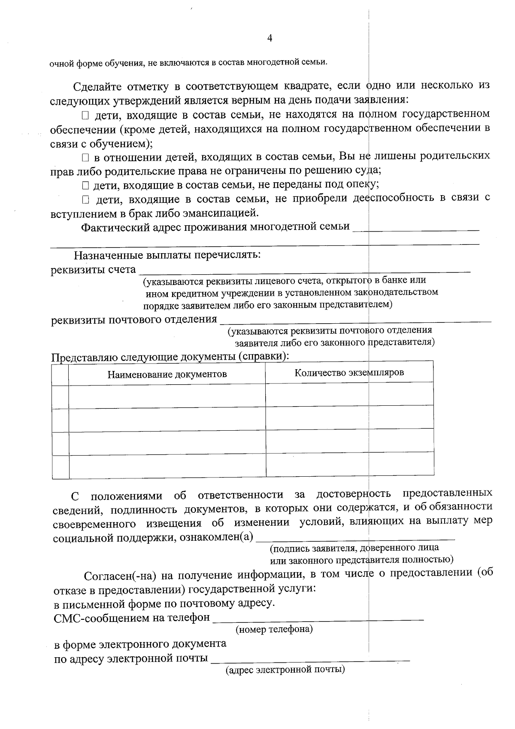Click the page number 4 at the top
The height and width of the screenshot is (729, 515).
pyautogui.click(x=270, y=39)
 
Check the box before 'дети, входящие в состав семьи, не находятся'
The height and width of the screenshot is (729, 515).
pyautogui.click(x=85, y=115)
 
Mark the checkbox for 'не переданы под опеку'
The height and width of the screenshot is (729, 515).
pyautogui.click(x=85, y=186)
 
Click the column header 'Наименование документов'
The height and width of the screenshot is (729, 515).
pyautogui.click(x=167, y=374)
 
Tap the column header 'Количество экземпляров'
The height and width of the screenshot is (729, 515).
pyautogui.click(x=349, y=373)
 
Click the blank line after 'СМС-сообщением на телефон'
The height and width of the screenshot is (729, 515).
pyautogui.click(x=318, y=619)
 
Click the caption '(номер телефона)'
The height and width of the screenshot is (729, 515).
pyautogui.click(x=274, y=630)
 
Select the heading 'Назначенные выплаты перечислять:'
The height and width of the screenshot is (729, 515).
pyautogui.click(x=167, y=255)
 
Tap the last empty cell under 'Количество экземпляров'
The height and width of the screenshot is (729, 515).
pyautogui.click(x=349, y=464)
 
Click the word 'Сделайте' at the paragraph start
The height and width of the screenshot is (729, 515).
pyautogui.click(x=97, y=87)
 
